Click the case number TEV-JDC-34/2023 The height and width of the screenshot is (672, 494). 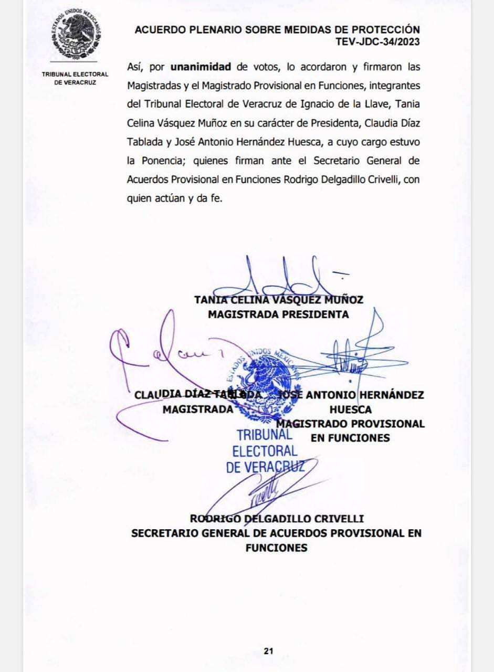click(378, 42)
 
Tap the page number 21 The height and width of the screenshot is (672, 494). click(269, 651)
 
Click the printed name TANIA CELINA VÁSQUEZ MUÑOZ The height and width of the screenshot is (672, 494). click(278, 300)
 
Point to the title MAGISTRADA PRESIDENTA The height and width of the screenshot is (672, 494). click(278, 314)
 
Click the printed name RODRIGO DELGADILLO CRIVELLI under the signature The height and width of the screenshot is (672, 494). click(277, 519)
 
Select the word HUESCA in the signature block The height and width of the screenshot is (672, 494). click(351, 409)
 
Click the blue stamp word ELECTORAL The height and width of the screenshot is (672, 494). click(265, 450)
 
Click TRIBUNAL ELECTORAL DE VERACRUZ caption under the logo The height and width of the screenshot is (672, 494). click(75, 78)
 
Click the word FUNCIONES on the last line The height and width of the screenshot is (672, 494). click(276, 547)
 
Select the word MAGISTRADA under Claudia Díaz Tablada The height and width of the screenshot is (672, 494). click(197, 409)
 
